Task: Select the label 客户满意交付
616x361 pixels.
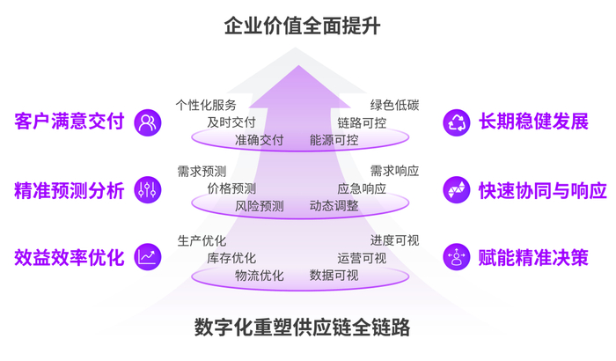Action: click(69, 122)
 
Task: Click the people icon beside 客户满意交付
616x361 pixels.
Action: click(148, 122)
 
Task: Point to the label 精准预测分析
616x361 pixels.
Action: click(69, 189)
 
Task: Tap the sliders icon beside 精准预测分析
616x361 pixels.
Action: click(148, 189)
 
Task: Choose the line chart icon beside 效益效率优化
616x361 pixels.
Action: click(148, 257)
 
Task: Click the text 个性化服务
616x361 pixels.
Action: click(206, 105)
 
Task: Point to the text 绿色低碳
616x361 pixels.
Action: click(394, 105)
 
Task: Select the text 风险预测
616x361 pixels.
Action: click(259, 206)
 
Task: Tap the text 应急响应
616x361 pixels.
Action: click(361, 188)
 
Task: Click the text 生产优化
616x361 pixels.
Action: click(202, 239)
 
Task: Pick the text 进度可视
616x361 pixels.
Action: click(394, 239)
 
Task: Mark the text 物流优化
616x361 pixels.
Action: click(259, 275)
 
